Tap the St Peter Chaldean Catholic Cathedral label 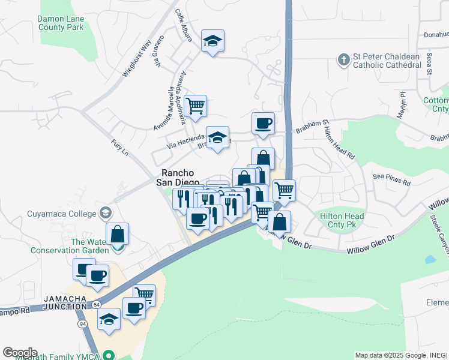tap(387, 61)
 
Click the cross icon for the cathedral tap(343, 59)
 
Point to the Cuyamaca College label tap(61, 214)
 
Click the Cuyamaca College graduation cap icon tap(106, 213)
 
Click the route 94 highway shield tap(80, 324)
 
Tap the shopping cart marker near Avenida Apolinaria tap(196, 106)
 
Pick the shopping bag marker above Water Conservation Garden tap(118, 234)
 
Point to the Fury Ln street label tap(120, 148)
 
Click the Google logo tap(20, 352)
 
